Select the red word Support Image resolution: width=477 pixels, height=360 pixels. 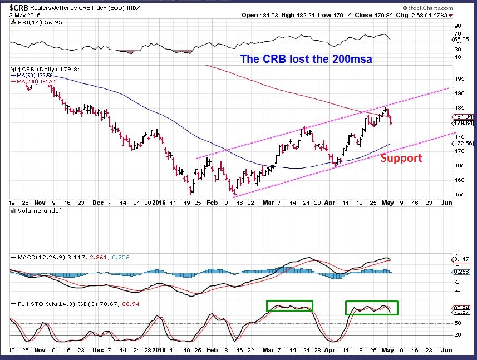[x=401, y=158]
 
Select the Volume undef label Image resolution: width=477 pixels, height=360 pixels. [x=36, y=210]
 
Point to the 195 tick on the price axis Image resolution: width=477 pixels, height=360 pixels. [x=459, y=78]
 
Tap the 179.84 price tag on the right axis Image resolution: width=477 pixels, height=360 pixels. [x=463, y=124]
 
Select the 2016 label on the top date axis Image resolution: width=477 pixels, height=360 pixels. [x=159, y=203]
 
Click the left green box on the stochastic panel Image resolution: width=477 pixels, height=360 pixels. [x=289, y=305]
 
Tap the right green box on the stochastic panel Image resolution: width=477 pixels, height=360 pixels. [x=372, y=308]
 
